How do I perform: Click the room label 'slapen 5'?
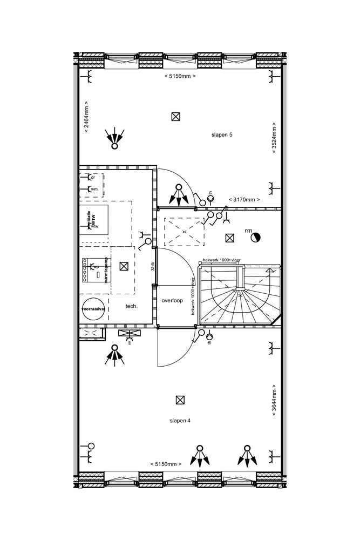[x=222, y=134]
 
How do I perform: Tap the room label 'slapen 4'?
[x=180, y=421]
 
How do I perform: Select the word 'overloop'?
[x=172, y=300]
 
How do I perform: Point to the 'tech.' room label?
[x=131, y=306]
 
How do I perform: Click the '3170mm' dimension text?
[x=244, y=199]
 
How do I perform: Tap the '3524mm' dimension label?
[x=274, y=138]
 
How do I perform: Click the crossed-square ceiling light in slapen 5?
[x=175, y=117]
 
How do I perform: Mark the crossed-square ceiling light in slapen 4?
[x=180, y=400]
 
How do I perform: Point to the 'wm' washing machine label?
[x=94, y=189]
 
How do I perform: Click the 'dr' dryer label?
[x=93, y=177]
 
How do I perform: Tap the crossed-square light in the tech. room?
[x=124, y=266]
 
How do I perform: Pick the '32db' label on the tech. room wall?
[x=153, y=266]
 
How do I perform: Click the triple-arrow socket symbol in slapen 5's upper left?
[x=114, y=138]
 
